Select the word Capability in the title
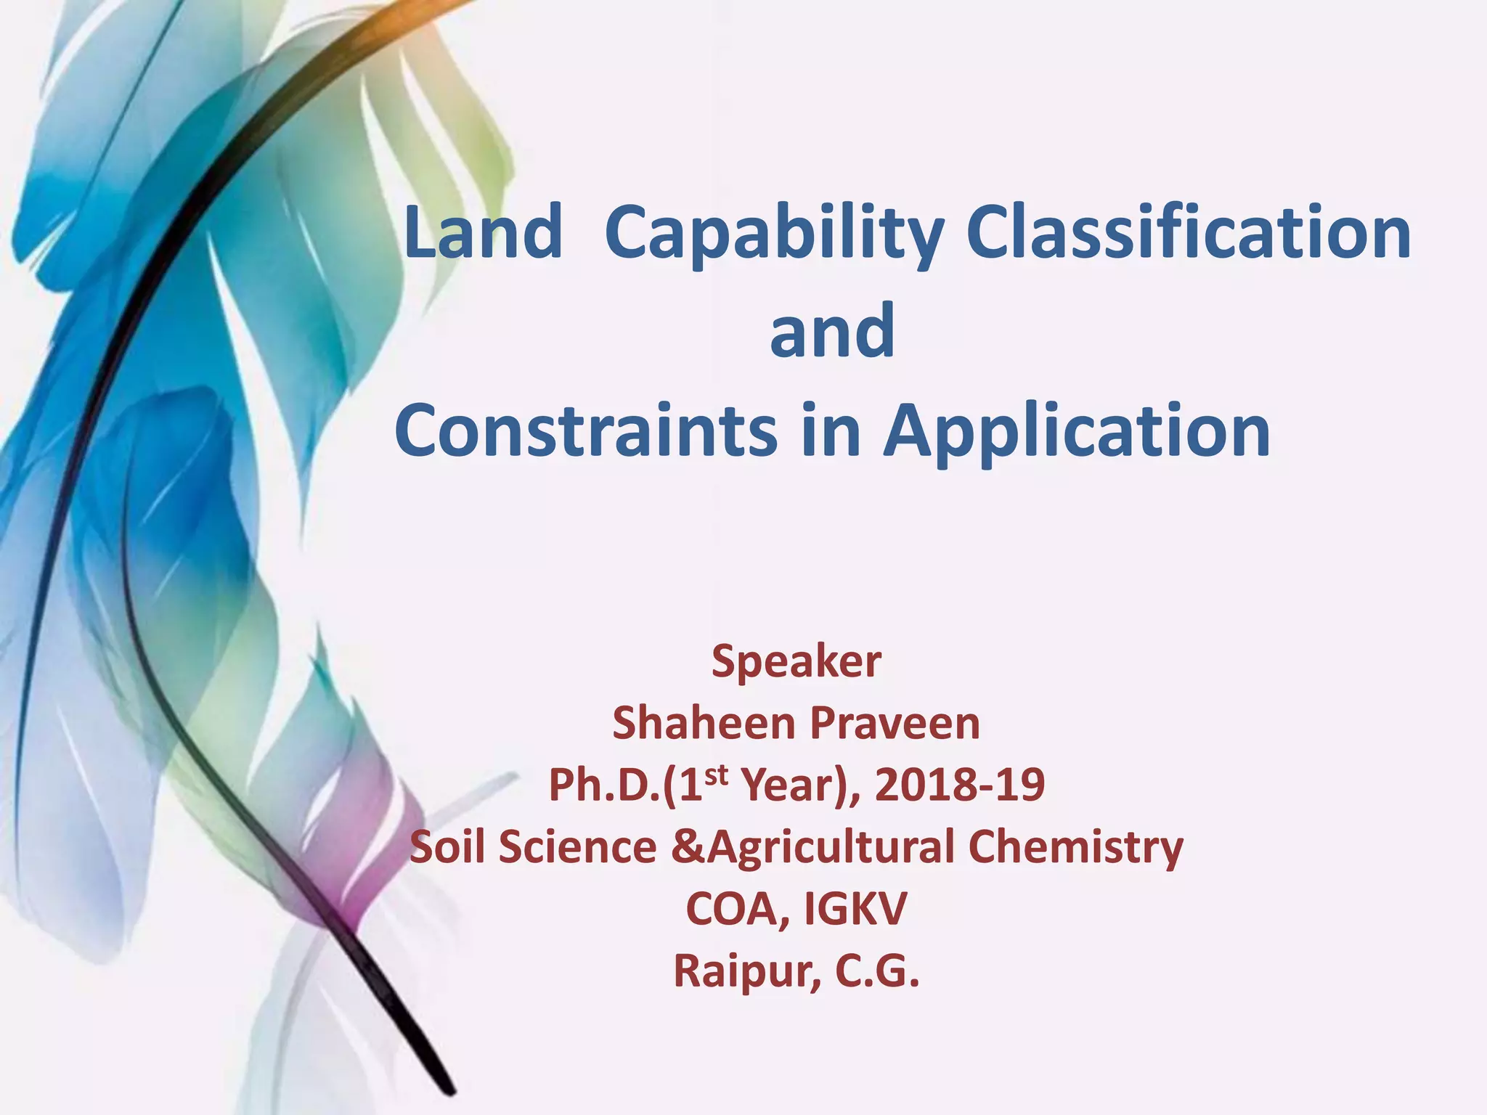[773, 234]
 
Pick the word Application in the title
[1077, 431]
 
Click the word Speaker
[796, 661]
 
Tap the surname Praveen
[895, 724]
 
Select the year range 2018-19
[960, 785]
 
